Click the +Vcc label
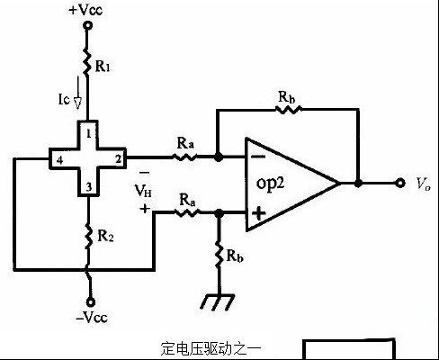[85, 10]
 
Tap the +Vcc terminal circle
[87, 25]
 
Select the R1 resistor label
[103, 67]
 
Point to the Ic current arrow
[77, 93]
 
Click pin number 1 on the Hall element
[88, 134]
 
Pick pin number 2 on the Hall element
[119, 159]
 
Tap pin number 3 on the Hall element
[89, 187]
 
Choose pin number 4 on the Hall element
[59, 160]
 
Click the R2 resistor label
[105, 236]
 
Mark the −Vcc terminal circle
[91, 302]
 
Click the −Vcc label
[92, 317]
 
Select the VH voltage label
[143, 191]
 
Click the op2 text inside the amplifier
[270, 183]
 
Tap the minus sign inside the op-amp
[258, 157]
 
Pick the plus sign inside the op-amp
[258, 213]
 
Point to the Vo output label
[424, 184]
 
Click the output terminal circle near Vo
[400, 183]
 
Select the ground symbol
[218, 301]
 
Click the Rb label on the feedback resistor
[286, 97]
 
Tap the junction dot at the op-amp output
[358, 183]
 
